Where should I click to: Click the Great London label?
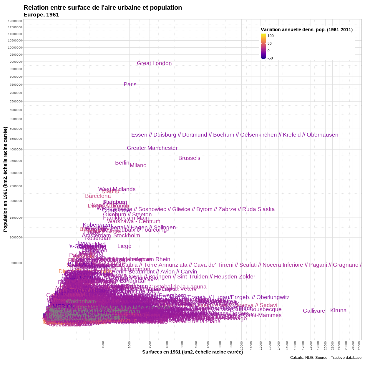click(x=154, y=63)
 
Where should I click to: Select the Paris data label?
click(x=130, y=84)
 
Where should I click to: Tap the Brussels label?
click(x=189, y=158)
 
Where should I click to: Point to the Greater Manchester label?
click(x=152, y=148)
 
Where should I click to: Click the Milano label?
click(x=138, y=165)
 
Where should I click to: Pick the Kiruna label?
click(x=338, y=311)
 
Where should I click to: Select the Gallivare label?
click(x=314, y=311)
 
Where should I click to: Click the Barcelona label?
click(x=98, y=196)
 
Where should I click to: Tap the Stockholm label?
click(x=127, y=235)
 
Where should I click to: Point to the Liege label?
click(x=124, y=246)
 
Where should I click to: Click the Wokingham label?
click(x=81, y=301)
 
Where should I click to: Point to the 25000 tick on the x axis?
click(x=360, y=344)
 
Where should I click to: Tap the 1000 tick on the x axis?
click(x=103, y=345)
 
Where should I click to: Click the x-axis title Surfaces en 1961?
click(x=192, y=352)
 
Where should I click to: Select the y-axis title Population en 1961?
click(x=5, y=179)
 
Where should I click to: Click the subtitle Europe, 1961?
click(x=41, y=15)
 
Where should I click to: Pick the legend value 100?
click(x=271, y=36)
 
